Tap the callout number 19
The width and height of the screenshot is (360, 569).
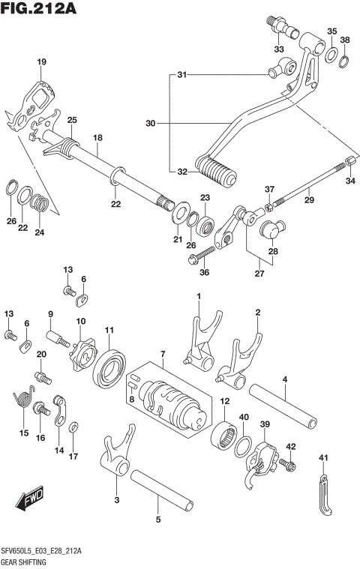click(41, 61)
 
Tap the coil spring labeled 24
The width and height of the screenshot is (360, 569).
click(43, 202)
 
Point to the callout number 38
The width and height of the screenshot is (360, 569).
click(344, 40)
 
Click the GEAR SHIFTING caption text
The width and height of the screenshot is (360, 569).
click(24, 561)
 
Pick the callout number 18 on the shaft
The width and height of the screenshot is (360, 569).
click(97, 138)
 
